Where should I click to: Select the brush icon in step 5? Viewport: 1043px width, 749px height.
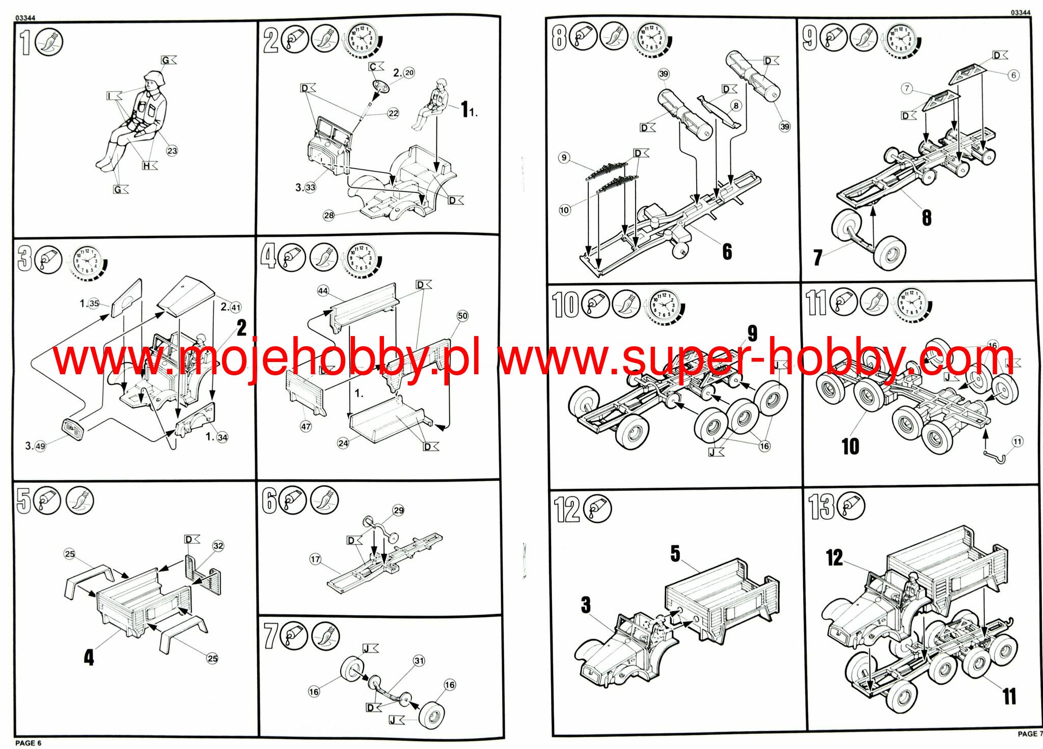click(x=80, y=501)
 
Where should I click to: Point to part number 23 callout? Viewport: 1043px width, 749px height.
click(x=172, y=151)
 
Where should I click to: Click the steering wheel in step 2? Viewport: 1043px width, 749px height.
click(x=380, y=87)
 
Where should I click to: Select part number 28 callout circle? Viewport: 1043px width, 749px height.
click(x=329, y=215)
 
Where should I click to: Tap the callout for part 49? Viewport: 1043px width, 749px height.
click(x=40, y=446)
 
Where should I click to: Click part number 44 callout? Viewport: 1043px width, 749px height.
click(x=323, y=291)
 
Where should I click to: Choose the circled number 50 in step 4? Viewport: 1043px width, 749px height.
click(x=462, y=316)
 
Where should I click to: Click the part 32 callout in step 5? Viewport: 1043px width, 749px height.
click(x=218, y=546)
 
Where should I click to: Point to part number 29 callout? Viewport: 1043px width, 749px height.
click(x=398, y=510)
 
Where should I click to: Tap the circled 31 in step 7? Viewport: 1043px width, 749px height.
click(x=419, y=660)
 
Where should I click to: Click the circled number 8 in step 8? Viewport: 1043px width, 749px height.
click(x=736, y=106)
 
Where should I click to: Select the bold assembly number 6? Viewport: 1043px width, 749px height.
click(x=727, y=252)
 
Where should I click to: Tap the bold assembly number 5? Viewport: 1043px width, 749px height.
click(x=675, y=553)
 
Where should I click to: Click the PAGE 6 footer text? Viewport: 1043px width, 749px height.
click(x=28, y=743)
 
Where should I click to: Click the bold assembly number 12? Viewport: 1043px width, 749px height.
click(x=834, y=558)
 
